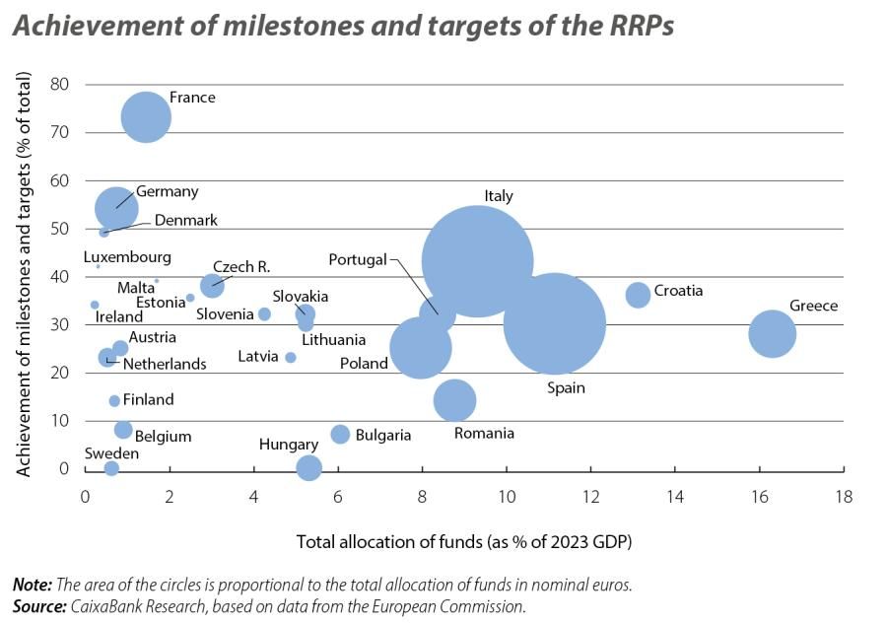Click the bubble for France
[x=146, y=117]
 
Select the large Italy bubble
[x=477, y=261]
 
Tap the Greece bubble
[x=772, y=333]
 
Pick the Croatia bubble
[x=638, y=294]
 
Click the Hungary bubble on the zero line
[x=308, y=467]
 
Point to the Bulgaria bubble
[x=340, y=434]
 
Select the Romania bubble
[x=454, y=400]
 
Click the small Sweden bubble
[x=111, y=468]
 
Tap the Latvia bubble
[x=291, y=357]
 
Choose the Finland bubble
[x=114, y=400]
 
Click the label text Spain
[x=566, y=387]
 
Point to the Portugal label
[x=358, y=260]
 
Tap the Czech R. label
[x=241, y=266]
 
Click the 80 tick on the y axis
[x=59, y=84]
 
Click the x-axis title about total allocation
[x=463, y=541]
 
